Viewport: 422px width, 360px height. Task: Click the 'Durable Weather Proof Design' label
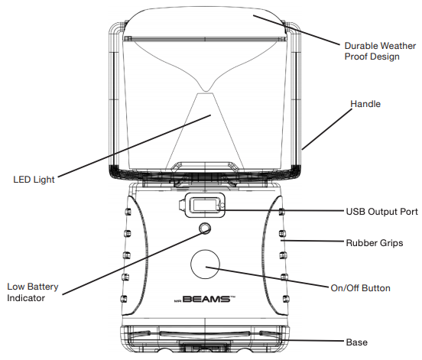(380, 51)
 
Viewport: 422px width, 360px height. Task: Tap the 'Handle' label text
(365, 104)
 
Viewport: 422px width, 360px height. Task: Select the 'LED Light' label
(34, 180)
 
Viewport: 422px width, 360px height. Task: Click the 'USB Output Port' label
(381, 212)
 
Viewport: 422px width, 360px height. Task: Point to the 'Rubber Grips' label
(375, 243)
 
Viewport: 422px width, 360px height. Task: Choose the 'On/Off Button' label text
(360, 288)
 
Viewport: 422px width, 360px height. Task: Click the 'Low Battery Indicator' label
(33, 292)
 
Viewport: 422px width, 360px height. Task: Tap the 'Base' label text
(356, 342)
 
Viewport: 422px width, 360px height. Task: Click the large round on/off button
(205, 264)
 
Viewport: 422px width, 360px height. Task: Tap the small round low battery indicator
(205, 229)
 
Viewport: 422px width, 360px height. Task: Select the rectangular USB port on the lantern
(205, 205)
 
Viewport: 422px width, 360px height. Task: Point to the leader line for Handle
(326, 129)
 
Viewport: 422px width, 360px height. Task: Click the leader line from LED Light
(135, 146)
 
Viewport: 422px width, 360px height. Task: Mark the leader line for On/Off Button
(268, 277)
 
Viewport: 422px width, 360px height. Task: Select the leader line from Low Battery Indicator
(134, 263)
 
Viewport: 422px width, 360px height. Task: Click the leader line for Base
(313, 341)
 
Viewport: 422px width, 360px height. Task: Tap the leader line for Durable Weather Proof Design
(297, 30)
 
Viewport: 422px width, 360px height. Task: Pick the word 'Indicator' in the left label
(26, 298)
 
